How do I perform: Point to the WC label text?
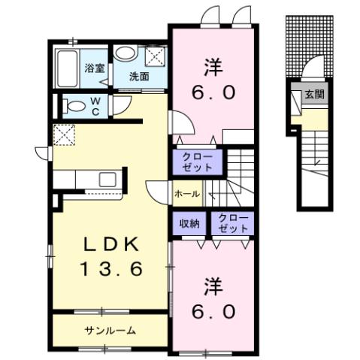pos(96,105)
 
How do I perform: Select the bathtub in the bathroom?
pos(69,69)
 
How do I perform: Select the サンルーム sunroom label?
pos(110,329)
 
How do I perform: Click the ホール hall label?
pos(186,193)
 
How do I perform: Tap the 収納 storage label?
pos(189,222)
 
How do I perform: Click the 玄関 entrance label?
pos(313,95)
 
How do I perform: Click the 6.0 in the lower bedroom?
pos(213,310)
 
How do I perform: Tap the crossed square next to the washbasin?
pos(156,55)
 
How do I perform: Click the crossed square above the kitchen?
pos(63,135)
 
